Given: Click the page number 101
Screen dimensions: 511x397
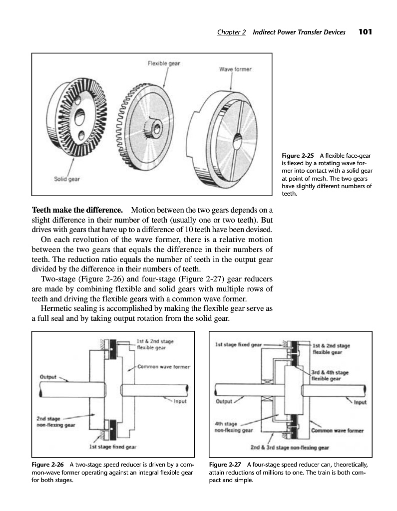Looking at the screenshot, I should click(x=366, y=32).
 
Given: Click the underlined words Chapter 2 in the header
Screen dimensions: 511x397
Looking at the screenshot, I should click(x=231, y=32).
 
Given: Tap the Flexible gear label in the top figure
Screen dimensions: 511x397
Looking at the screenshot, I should click(x=164, y=63).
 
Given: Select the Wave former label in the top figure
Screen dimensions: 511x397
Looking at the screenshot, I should click(x=235, y=69).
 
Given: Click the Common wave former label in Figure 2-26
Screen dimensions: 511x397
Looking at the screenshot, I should click(x=163, y=367).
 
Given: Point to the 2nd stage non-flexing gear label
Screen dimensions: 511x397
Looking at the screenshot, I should click(x=56, y=422).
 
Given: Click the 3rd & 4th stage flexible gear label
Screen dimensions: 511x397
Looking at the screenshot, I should click(x=330, y=375).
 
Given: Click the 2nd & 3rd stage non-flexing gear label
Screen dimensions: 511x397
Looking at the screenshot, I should click(x=290, y=447).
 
